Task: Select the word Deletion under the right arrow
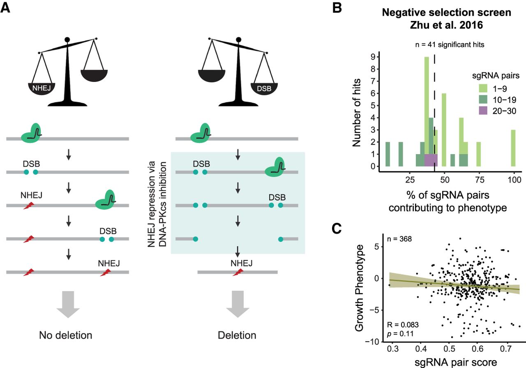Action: (x=238, y=335)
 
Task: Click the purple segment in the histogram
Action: (x=431, y=160)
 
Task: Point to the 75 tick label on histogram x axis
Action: (x=478, y=180)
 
